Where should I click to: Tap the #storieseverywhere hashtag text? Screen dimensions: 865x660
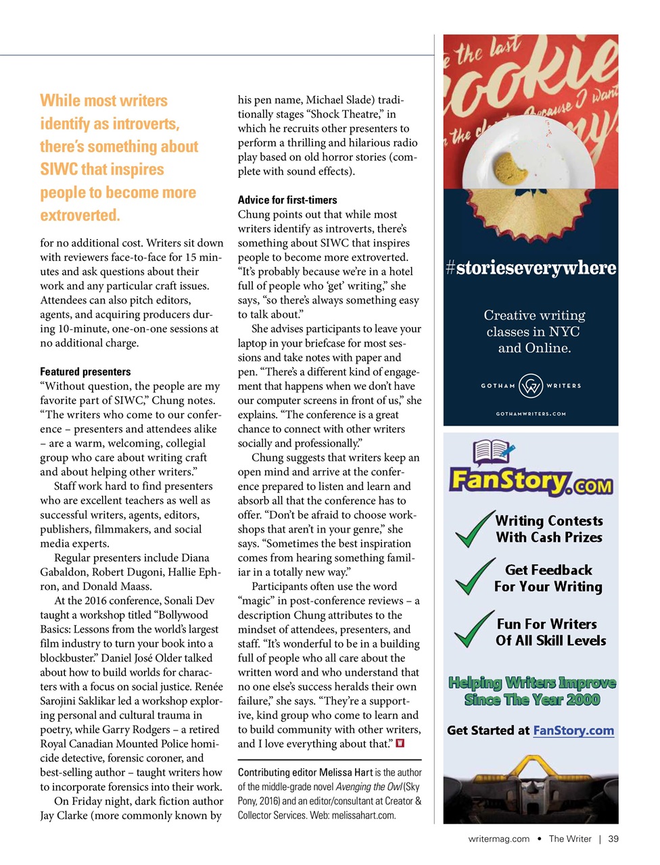[531, 268]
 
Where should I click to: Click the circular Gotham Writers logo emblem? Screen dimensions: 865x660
[531, 386]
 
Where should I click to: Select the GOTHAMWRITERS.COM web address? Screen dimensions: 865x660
[531, 414]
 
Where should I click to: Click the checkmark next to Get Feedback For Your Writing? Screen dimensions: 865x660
[475, 576]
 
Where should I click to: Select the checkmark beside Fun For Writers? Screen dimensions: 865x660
[475, 629]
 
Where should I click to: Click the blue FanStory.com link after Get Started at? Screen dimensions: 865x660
[573, 731]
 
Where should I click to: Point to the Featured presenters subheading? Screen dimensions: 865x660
[85, 372]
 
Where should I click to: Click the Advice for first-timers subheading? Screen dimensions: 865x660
[287, 200]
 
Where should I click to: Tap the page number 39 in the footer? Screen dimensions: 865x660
[613, 839]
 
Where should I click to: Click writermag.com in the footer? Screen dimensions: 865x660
[499, 839]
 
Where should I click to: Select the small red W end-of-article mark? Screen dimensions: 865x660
[400, 743]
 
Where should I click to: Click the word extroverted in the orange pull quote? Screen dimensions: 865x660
[80, 216]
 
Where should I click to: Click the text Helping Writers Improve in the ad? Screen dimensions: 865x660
[532, 683]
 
